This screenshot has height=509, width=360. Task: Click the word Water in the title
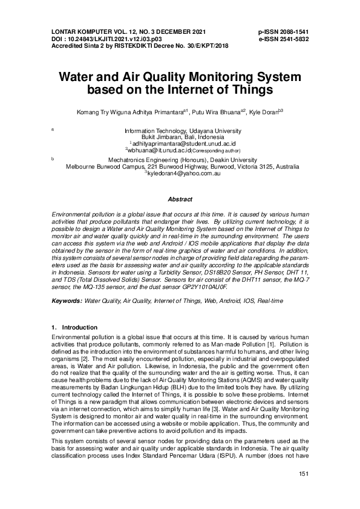(76, 77)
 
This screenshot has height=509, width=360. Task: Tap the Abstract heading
(180, 199)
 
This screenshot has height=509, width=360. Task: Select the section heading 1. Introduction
(75, 327)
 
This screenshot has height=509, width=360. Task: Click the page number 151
(304, 490)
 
